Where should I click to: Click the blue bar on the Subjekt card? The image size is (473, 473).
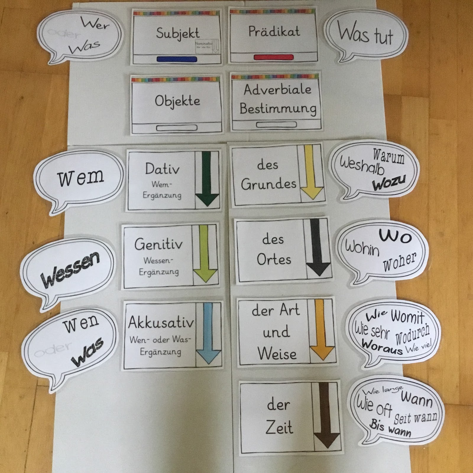click(177, 59)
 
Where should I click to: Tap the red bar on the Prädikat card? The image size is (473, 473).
click(274, 57)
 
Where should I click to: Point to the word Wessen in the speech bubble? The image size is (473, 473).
click(70, 270)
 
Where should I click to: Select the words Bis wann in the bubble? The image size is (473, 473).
click(390, 429)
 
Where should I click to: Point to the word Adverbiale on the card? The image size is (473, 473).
click(277, 90)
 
